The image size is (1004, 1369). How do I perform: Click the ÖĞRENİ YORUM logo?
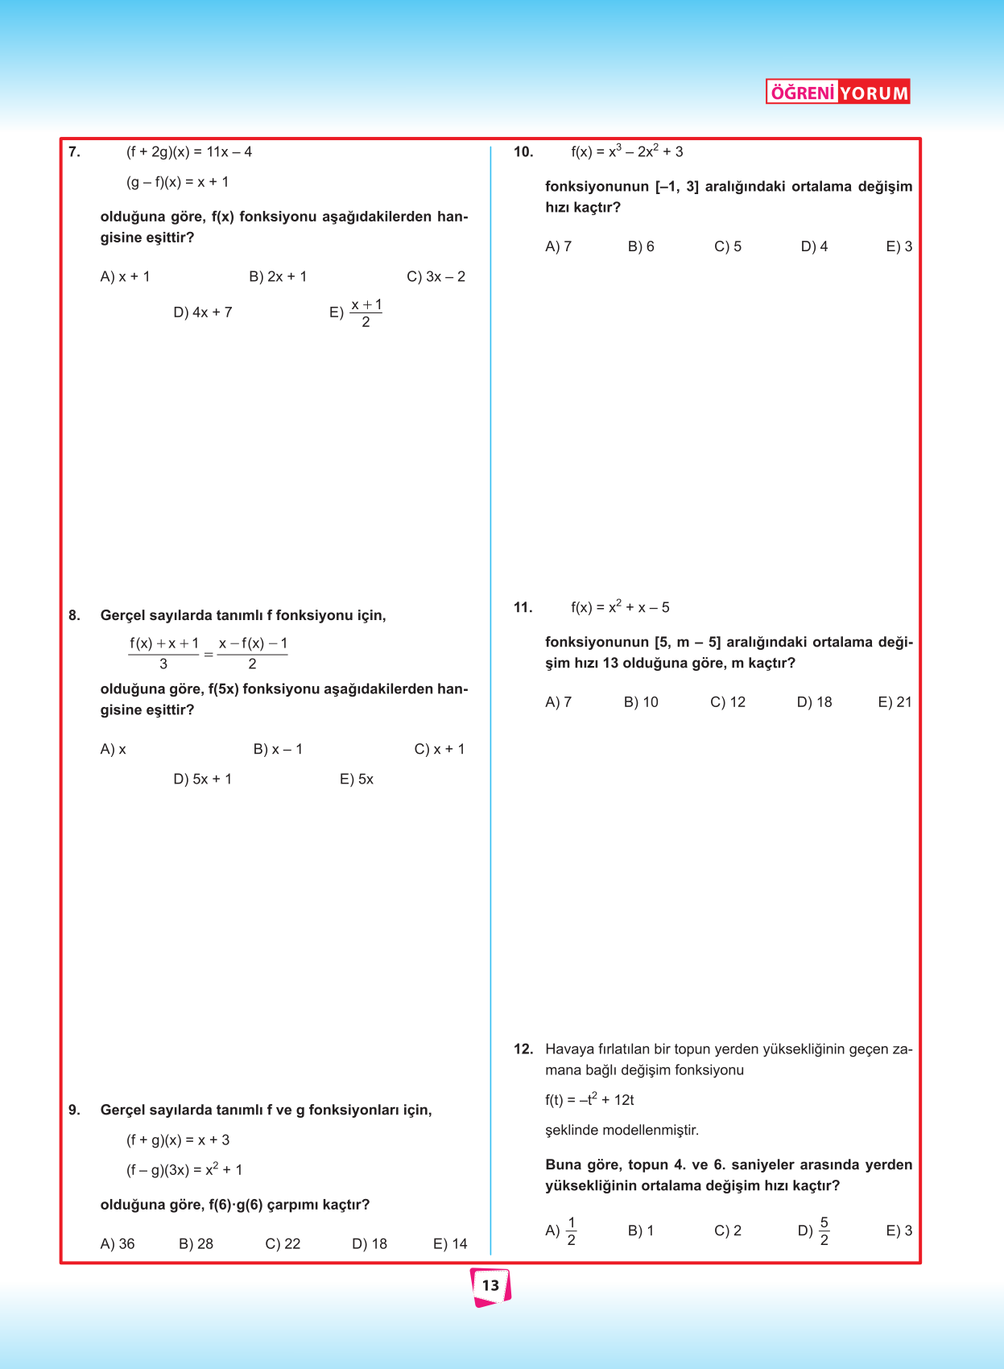(837, 92)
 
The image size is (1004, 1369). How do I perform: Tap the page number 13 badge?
(490, 1285)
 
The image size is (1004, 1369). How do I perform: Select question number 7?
(74, 151)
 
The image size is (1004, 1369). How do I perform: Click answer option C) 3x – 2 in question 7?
(436, 276)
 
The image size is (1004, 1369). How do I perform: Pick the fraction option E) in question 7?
(357, 312)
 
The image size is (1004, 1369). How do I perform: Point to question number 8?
(74, 615)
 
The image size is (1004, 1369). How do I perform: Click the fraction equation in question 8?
(208, 653)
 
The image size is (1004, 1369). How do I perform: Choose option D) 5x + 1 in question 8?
(202, 779)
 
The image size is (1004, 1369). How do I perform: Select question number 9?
(74, 1110)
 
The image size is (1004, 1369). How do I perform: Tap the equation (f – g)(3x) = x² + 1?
(184, 1169)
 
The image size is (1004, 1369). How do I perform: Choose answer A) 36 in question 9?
(118, 1243)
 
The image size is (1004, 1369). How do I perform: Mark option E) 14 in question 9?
(450, 1243)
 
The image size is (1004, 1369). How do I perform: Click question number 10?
(523, 151)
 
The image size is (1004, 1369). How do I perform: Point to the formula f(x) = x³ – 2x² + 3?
(626, 151)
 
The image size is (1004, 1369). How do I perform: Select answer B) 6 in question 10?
(641, 246)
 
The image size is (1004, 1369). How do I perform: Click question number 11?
(523, 607)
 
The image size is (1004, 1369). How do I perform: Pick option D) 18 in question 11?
(814, 702)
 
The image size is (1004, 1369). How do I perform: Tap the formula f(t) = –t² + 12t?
(589, 1099)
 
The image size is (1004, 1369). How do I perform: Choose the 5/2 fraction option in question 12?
(814, 1230)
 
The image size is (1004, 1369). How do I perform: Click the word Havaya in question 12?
(569, 1048)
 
